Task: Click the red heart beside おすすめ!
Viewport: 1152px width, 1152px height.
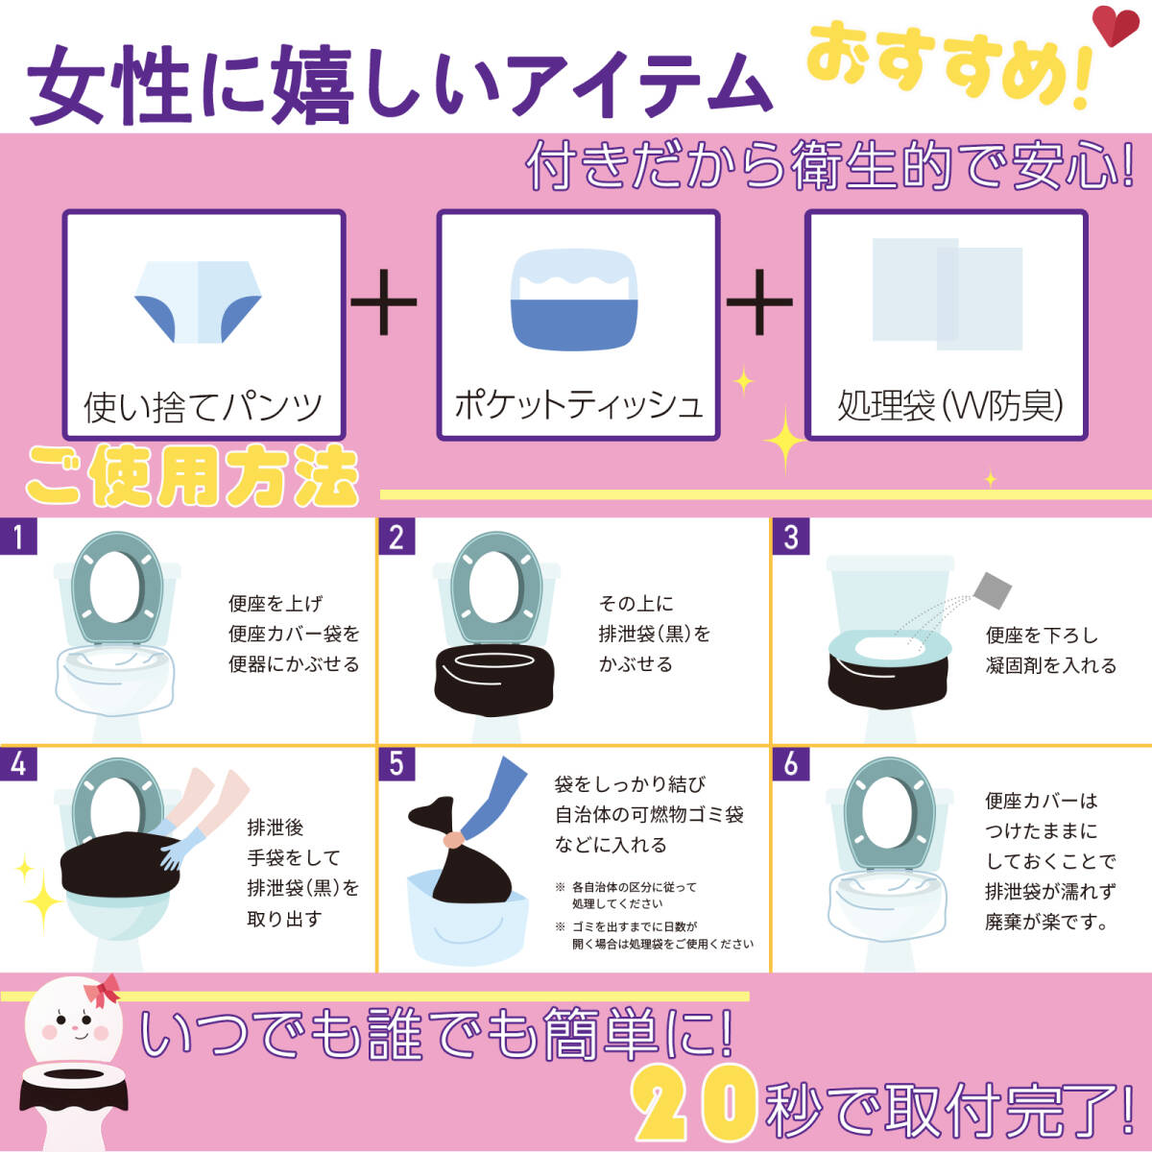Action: pyautogui.click(x=1115, y=25)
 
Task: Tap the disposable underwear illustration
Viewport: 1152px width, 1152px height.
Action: pyautogui.click(x=198, y=301)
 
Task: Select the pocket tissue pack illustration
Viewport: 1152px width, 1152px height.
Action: pyautogui.click(x=574, y=299)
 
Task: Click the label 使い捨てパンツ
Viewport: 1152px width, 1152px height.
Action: pyautogui.click(x=203, y=407)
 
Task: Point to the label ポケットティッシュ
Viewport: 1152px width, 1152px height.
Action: pyautogui.click(x=578, y=405)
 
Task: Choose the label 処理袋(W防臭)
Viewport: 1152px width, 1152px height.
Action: pyautogui.click(x=950, y=405)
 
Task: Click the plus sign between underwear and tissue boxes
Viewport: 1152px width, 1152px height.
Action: pyautogui.click(x=384, y=301)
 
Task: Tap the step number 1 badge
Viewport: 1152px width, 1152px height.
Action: pyautogui.click(x=18, y=537)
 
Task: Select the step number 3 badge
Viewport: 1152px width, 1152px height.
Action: pyautogui.click(x=790, y=537)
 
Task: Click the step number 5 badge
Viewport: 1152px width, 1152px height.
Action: pyautogui.click(x=396, y=763)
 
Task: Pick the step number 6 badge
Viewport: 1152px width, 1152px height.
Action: pyautogui.click(x=790, y=763)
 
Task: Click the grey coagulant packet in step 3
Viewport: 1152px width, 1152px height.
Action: pyautogui.click(x=993, y=590)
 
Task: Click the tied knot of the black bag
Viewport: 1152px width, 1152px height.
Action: pyautogui.click(x=452, y=839)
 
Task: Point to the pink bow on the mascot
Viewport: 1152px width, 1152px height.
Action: pyautogui.click(x=102, y=991)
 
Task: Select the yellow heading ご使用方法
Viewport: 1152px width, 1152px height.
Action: pyautogui.click(x=192, y=476)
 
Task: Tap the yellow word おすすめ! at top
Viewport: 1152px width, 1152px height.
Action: pyautogui.click(x=948, y=66)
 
